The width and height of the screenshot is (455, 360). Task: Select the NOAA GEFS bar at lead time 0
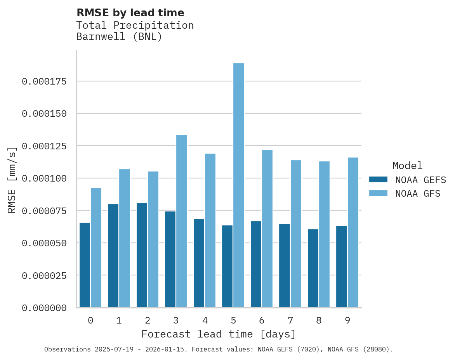point(85,265)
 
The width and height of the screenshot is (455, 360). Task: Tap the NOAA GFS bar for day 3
point(182,221)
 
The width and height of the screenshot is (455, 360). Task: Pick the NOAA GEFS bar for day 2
point(142,255)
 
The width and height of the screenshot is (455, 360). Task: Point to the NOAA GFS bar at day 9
point(353,232)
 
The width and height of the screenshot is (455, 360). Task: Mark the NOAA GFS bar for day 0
point(96,247)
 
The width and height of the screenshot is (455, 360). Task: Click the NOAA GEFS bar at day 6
point(256,264)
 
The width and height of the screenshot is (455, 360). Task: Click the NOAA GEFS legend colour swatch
point(378,180)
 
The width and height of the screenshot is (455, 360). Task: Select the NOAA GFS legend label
point(418,194)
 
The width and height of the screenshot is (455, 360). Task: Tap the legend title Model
point(407,166)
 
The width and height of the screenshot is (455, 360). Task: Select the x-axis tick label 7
point(290,320)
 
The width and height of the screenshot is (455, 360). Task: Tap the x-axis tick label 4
point(205,320)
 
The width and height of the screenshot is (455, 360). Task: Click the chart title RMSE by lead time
point(130,13)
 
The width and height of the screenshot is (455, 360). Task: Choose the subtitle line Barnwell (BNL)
point(119,37)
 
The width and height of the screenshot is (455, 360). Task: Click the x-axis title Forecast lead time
point(219,334)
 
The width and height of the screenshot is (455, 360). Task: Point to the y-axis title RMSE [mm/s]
point(12,180)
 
